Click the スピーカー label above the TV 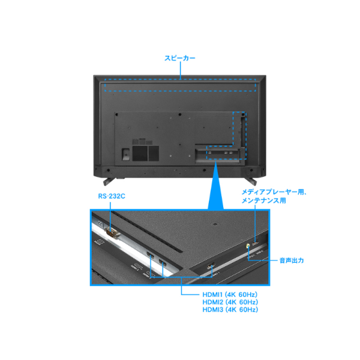coord(180,58)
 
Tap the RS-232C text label coord(112,196)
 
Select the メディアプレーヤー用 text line coord(274,192)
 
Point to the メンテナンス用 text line coord(264,200)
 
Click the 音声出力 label coord(292,260)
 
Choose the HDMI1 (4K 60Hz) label coord(230,295)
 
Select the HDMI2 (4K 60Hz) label coord(230,302)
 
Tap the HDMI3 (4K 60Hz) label coord(230,310)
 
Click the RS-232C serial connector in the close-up coord(112,233)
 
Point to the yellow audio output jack coord(248,247)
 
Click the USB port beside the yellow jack coord(256,242)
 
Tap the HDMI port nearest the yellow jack coord(211,266)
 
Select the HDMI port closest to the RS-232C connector coord(151,254)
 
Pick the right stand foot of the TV coord(252,181)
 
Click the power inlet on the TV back coord(125,154)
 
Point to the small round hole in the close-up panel coord(215,224)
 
